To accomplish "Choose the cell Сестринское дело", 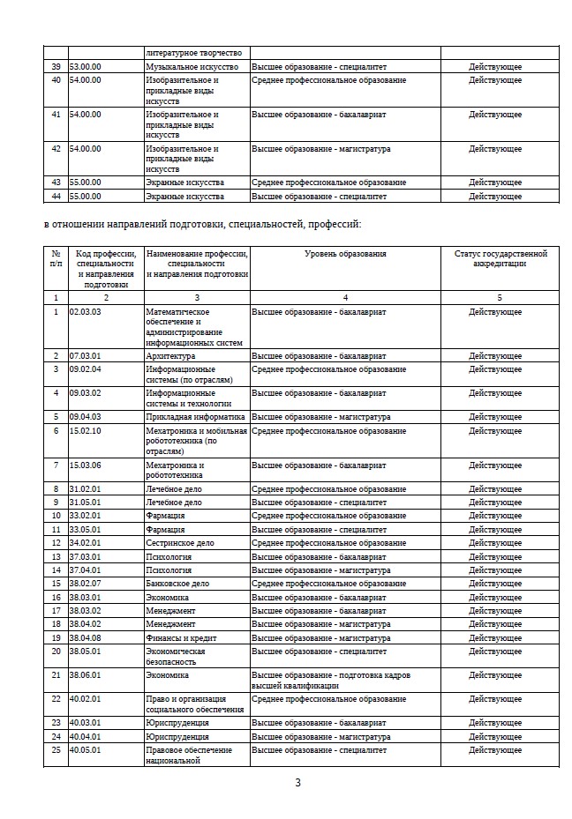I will pyautogui.click(x=180, y=543).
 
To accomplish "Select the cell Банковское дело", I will pyautogui.click(x=177, y=584).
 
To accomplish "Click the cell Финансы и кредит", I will pyautogui.click(x=181, y=638).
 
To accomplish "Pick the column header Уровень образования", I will pyautogui.click(x=345, y=254).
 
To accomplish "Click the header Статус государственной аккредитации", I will pyautogui.click(x=500, y=258).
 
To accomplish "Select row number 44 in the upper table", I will pyautogui.click(x=56, y=196).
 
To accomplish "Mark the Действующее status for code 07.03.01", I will pyautogui.click(x=494, y=356).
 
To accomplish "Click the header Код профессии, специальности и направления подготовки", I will pyautogui.click(x=105, y=269).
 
